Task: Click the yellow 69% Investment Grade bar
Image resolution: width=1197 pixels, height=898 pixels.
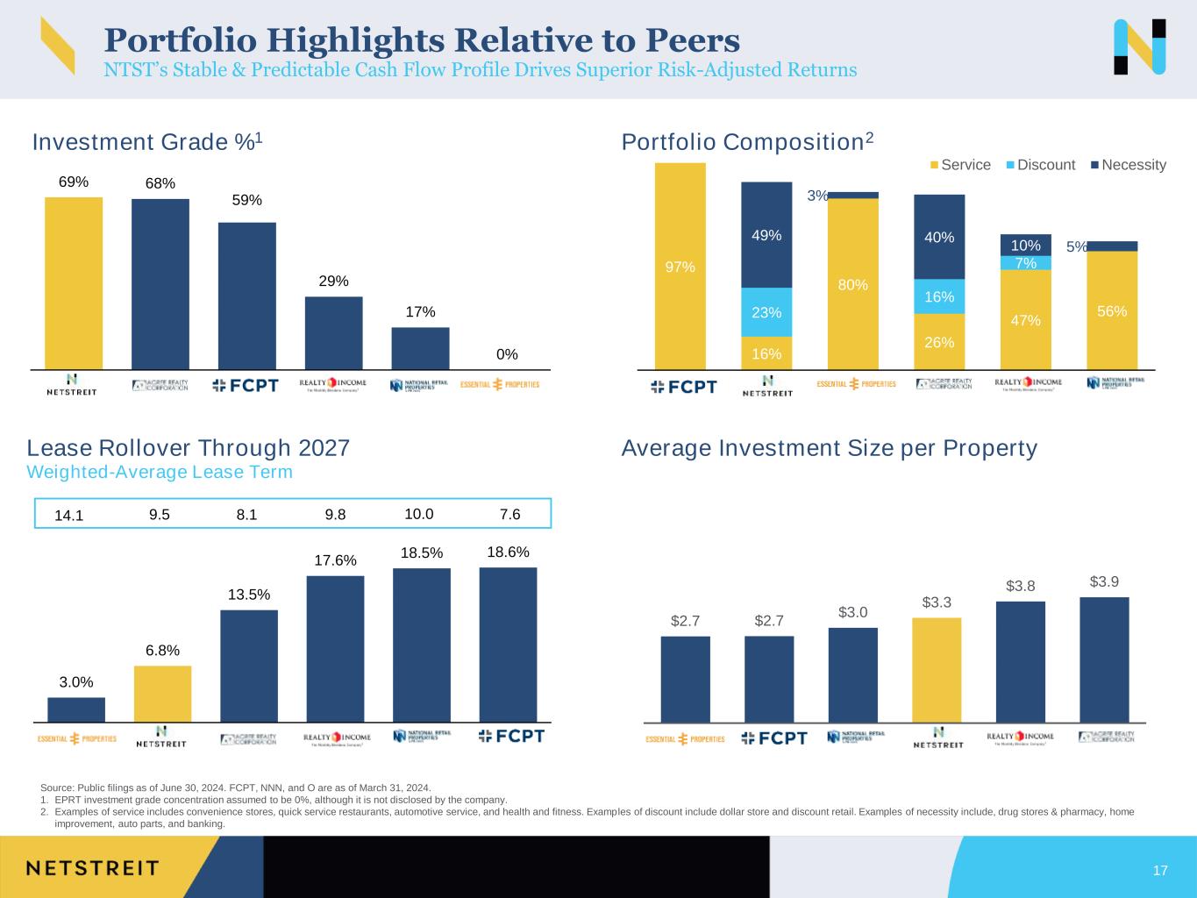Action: pos(74,282)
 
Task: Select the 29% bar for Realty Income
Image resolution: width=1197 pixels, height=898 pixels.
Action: pos(333,332)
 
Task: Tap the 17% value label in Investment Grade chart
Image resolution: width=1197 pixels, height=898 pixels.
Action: pos(420,312)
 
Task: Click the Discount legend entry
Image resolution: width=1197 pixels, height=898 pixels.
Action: pos(1040,165)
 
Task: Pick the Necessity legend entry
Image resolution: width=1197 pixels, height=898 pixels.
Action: pos(1128,165)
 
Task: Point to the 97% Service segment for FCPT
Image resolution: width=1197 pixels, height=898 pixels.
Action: pos(680,267)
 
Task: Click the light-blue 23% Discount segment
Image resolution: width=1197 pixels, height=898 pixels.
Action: pos(766,312)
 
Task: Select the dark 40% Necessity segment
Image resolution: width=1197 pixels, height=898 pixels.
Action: pos(939,237)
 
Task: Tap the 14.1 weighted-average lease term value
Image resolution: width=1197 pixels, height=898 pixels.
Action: pos(68,515)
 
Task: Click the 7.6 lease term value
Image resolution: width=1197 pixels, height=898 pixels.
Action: pos(509,514)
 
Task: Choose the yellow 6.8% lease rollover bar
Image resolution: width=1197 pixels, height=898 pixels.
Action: pos(162,694)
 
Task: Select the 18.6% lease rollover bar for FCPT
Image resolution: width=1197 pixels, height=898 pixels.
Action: pos(508,645)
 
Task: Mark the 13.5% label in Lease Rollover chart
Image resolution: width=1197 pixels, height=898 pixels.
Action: pos(248,595)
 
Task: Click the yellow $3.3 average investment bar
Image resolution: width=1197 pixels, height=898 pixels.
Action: pos(937,670)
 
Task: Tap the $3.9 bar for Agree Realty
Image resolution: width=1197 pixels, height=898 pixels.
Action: pos(1104,659)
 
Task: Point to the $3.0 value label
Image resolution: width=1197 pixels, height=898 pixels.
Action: pos(852,612)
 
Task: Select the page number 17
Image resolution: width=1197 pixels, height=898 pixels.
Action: pos(1160,871)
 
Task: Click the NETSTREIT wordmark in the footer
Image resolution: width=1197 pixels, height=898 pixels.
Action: pos(92,868)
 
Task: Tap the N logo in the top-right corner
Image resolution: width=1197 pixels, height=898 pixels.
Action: pos(1139,46)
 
